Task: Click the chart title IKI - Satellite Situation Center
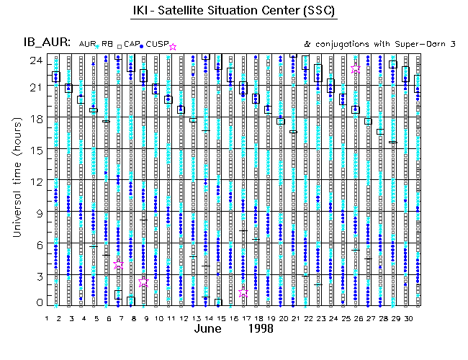coord(235,12)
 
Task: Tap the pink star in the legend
coord(172,47)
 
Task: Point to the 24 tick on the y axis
coord(34,60)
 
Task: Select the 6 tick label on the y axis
coord(37,243)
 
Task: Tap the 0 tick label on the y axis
coord(37,304)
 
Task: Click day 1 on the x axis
coord(47,318)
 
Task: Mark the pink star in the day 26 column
coord(356,69)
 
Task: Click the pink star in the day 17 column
coord(243,293)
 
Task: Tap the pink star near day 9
coord(143,282)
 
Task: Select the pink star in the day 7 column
coord(119,265)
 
